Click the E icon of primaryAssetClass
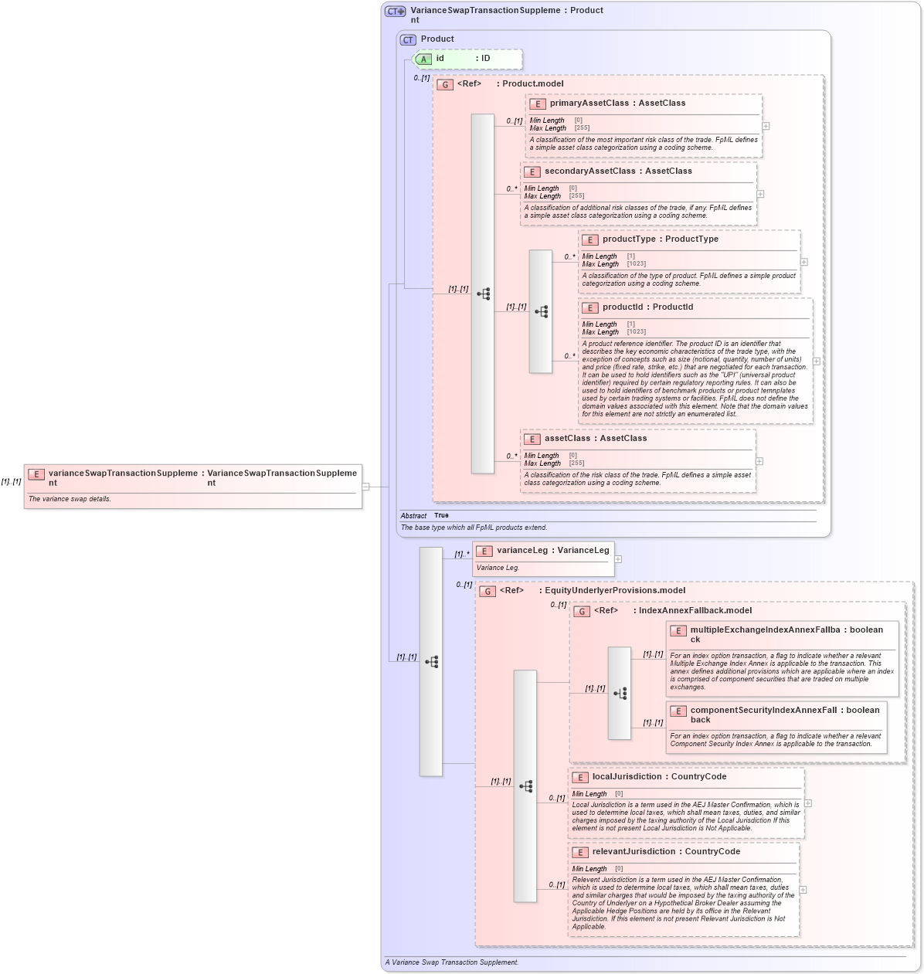click(x=538, y=104)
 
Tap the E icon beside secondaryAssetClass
click(x=532, y=172)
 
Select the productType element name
click(x=629, y=239)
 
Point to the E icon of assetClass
click(x=532, y=439)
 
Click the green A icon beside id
click(x=423, y=59)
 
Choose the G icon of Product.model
click(x=445, y=85)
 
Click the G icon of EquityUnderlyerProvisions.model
click(x=487, y=592)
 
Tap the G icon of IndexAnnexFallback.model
click(x=582, y=612)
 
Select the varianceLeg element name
click(x=522, y=551)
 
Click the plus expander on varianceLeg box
click(x=618, y=559)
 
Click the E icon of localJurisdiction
click(x=580, y=778)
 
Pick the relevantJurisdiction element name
click(x=634, y=852)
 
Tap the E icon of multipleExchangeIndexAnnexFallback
click(x=678, y=631)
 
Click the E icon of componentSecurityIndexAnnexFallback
click(x=678, y=711)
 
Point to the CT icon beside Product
click(x=408, y=39)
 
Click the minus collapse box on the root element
click(x=366, y=487)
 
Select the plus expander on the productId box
click(x=817, y=361)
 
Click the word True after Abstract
click(x=441, y=515)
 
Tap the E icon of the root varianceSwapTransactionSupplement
click(x=36, y=474)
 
